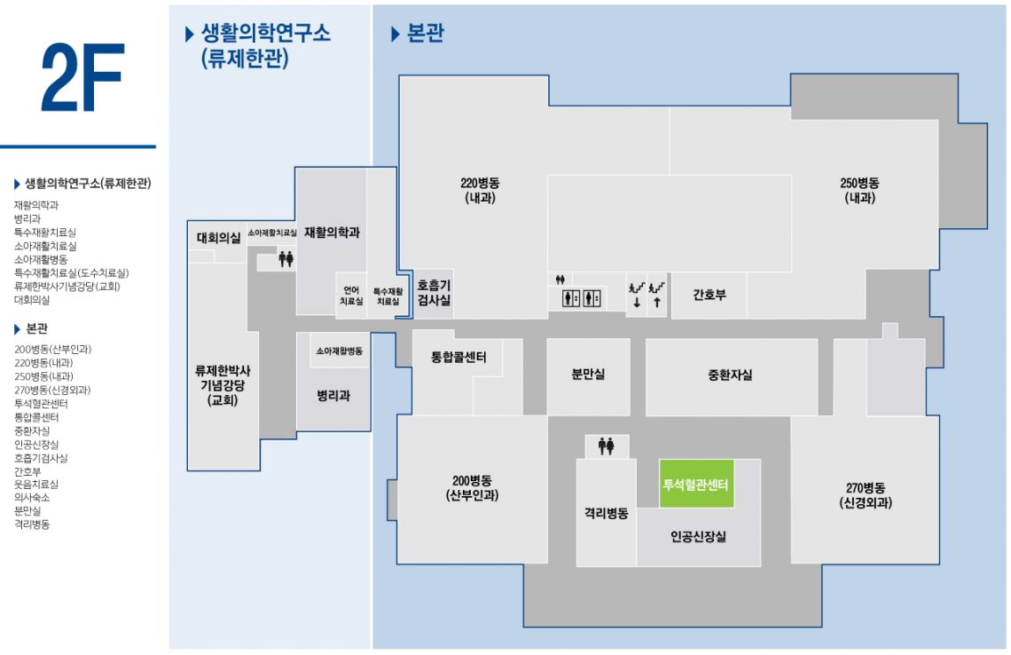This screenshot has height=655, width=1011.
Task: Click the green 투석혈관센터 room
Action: [x=696, y=484]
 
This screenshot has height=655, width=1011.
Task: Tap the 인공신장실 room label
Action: [x=698, y=536]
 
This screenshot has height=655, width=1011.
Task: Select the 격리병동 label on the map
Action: [x=606, y=513]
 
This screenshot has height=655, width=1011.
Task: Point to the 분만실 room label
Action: [x=588, y=374]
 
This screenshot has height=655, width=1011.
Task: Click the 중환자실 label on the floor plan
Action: [x=730, y=375]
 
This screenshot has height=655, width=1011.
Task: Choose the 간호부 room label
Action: [x=709, y=295]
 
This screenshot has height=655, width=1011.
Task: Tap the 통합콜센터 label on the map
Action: [x=458, y=357]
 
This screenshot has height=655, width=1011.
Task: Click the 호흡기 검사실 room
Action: [x=434, y=293]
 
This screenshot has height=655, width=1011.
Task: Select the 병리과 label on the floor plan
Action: [x=333, y=396]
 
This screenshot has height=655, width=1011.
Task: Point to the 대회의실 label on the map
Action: [x=218, y=238]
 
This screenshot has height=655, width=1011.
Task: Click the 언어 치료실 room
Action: [x=351, y=296]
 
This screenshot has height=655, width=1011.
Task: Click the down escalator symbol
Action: [x=637, y=295]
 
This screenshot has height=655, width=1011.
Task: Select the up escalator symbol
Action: [x=657, y=295]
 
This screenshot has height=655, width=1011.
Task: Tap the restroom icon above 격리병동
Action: [x=606, y=446]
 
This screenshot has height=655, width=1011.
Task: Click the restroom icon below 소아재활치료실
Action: [x=286, y=259]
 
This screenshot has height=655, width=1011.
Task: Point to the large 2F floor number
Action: [x=82, y=77]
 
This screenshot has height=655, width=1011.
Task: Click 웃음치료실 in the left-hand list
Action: [x=36, y=484]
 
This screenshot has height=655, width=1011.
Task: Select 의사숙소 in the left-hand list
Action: [x=32, y=498]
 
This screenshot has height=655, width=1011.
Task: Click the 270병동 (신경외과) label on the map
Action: [x=866, y=495]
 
